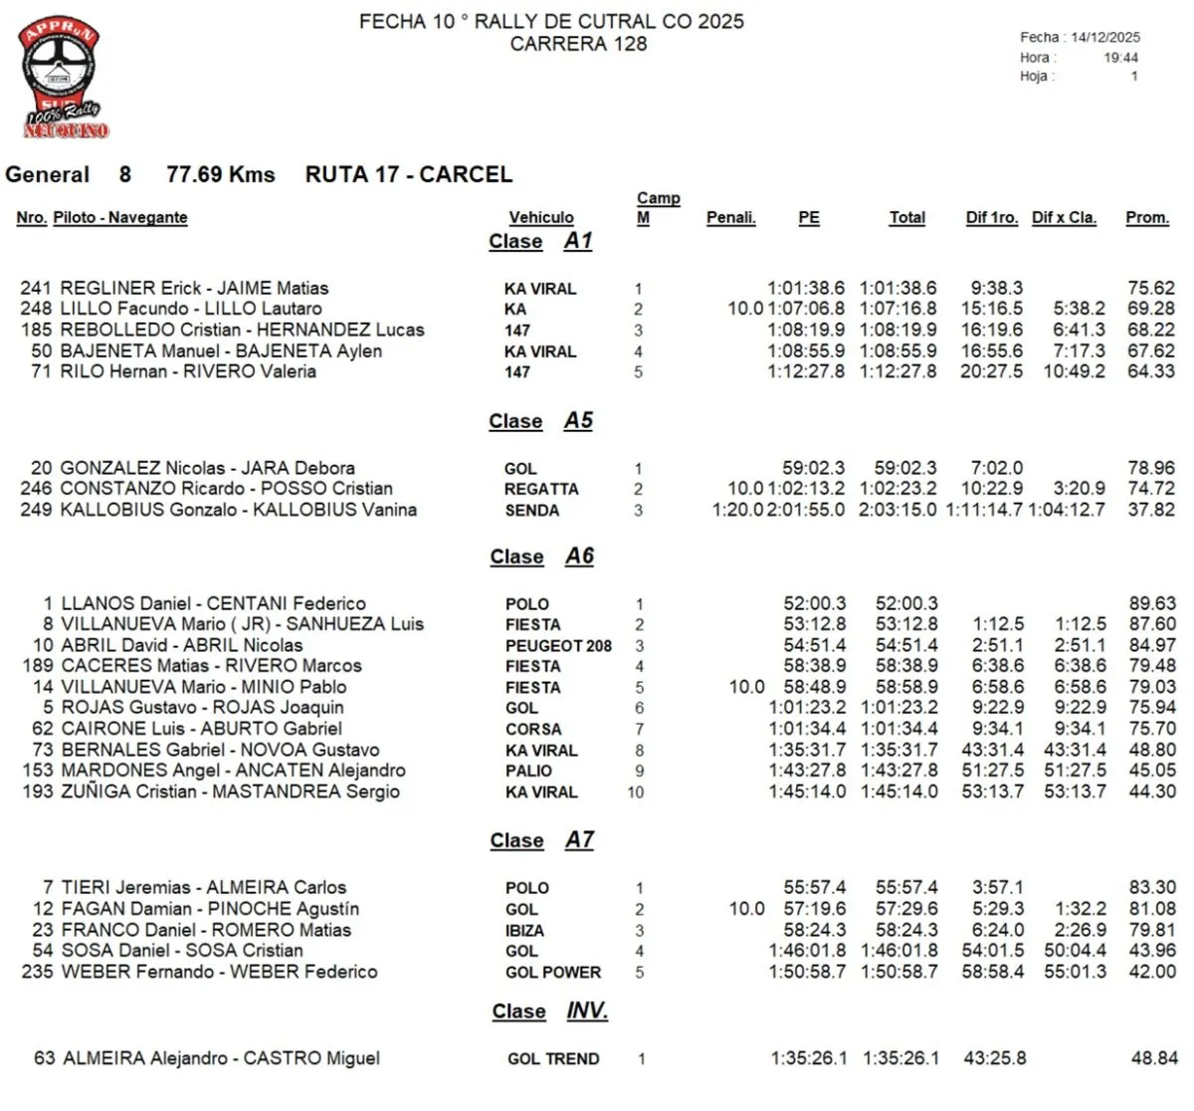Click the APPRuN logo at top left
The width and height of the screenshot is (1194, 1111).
62,76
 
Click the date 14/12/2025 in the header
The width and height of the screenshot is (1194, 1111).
1104,37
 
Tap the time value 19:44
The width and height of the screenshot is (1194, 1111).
1120,58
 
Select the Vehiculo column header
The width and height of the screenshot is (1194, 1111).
541,217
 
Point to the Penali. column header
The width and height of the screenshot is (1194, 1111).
730,217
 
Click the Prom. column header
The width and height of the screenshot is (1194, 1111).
1147,217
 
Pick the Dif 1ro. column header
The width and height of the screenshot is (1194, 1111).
991,217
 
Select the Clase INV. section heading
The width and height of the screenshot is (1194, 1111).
549,1011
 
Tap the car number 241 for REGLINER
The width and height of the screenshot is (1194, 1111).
36,289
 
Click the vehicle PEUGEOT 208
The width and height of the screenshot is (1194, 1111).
558,646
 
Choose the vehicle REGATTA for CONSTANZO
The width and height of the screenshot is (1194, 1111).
541,489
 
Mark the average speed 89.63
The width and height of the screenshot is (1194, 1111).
1152,603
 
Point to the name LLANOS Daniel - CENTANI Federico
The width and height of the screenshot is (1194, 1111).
213,603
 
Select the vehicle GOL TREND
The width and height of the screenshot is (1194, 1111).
553,1059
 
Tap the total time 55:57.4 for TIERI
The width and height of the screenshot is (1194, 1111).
906,887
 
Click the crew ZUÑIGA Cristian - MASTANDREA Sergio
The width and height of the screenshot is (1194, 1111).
230,791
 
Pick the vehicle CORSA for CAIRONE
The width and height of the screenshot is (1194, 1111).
533,730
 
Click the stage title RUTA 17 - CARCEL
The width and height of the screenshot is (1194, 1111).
408,174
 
